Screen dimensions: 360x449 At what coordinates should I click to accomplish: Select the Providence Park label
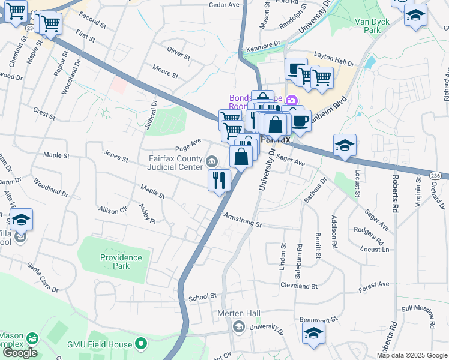point(121,262)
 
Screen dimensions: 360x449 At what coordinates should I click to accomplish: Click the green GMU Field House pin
point(141,344)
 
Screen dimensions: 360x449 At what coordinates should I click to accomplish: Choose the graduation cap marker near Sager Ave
point(345,145)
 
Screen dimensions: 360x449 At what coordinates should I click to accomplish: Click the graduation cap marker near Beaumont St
point(313,334)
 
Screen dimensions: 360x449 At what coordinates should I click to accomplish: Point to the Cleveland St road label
point(298,286)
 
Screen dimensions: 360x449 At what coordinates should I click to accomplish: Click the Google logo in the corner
point(19,353)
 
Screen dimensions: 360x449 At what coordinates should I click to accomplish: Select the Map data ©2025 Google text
point(412,355)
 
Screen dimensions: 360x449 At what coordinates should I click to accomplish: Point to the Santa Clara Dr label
point(42,277)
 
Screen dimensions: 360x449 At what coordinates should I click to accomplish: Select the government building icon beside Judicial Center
point(211,161)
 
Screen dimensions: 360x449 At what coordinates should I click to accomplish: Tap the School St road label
point(202,297)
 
